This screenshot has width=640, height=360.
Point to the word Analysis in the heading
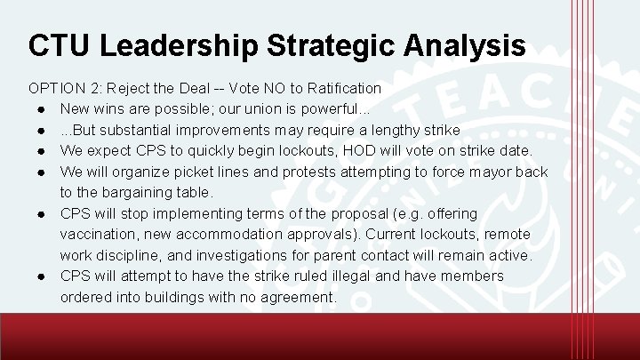(468, 45)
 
